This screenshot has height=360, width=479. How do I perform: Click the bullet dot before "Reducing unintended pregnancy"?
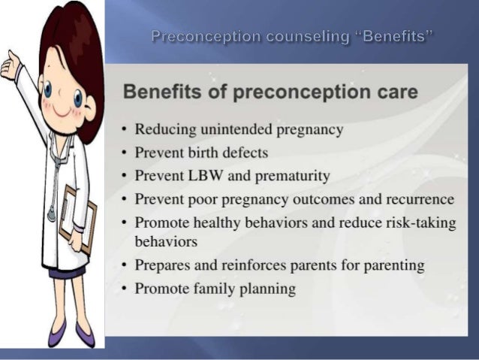click(123, 130)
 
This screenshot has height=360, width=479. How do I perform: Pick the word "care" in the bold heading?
click(391, 93)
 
